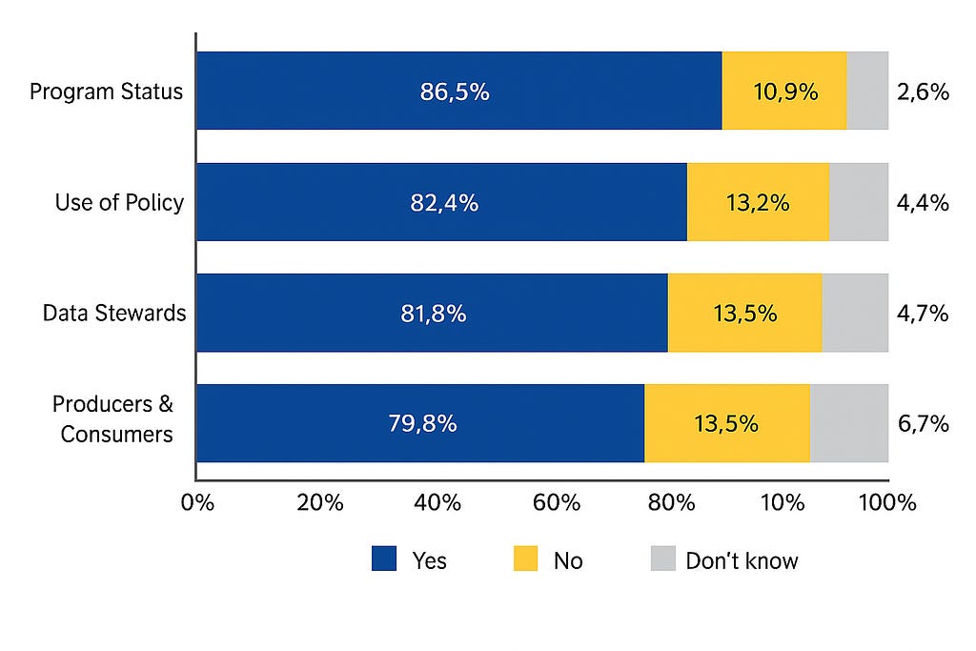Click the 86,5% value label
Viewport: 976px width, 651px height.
[x=455, y=92]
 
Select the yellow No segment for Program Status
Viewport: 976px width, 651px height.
[x=784, y=91]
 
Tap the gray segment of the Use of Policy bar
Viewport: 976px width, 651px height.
[x=859, y=202]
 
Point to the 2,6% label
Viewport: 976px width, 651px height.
[x=923, y=92]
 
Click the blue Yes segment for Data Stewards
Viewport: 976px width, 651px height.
[x=432, y=313]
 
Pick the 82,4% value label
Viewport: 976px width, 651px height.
[x=444, y=202]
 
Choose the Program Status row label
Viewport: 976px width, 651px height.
[x=107, y=92]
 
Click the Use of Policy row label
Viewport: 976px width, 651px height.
[x=119, y=202]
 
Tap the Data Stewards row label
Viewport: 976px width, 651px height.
[x=114, y=313]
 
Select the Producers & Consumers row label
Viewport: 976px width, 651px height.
[x=113, y=418]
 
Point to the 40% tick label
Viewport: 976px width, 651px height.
[x=437, y=501]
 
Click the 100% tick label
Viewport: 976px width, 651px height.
[x=887, y=501]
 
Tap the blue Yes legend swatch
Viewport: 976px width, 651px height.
[x=384, y=559]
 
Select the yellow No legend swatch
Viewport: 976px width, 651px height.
[x=525, y=559]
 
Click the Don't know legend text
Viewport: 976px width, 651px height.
[x=742, y=560]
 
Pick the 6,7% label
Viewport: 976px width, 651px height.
[x=923, y=424]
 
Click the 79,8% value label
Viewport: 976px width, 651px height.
[x=422, y=423]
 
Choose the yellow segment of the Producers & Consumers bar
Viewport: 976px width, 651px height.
[x=727, y=423]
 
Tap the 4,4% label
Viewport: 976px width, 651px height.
[x=923, y=202]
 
